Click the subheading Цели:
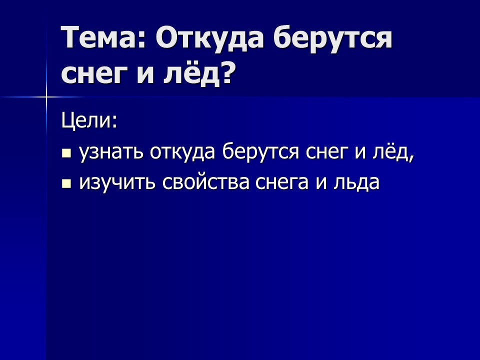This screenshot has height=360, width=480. [89, 121]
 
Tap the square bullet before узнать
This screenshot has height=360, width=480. [66, 153]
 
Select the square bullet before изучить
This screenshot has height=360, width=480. [66, 183]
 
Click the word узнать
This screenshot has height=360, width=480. [111, 152]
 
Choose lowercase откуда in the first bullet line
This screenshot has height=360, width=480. [182, 152]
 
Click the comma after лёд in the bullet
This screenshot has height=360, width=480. [411, 157]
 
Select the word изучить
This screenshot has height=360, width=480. [117, 183]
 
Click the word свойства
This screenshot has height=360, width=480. [205, 183]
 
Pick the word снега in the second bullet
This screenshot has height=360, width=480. [282, 183]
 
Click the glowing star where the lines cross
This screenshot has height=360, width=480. [46, 97]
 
